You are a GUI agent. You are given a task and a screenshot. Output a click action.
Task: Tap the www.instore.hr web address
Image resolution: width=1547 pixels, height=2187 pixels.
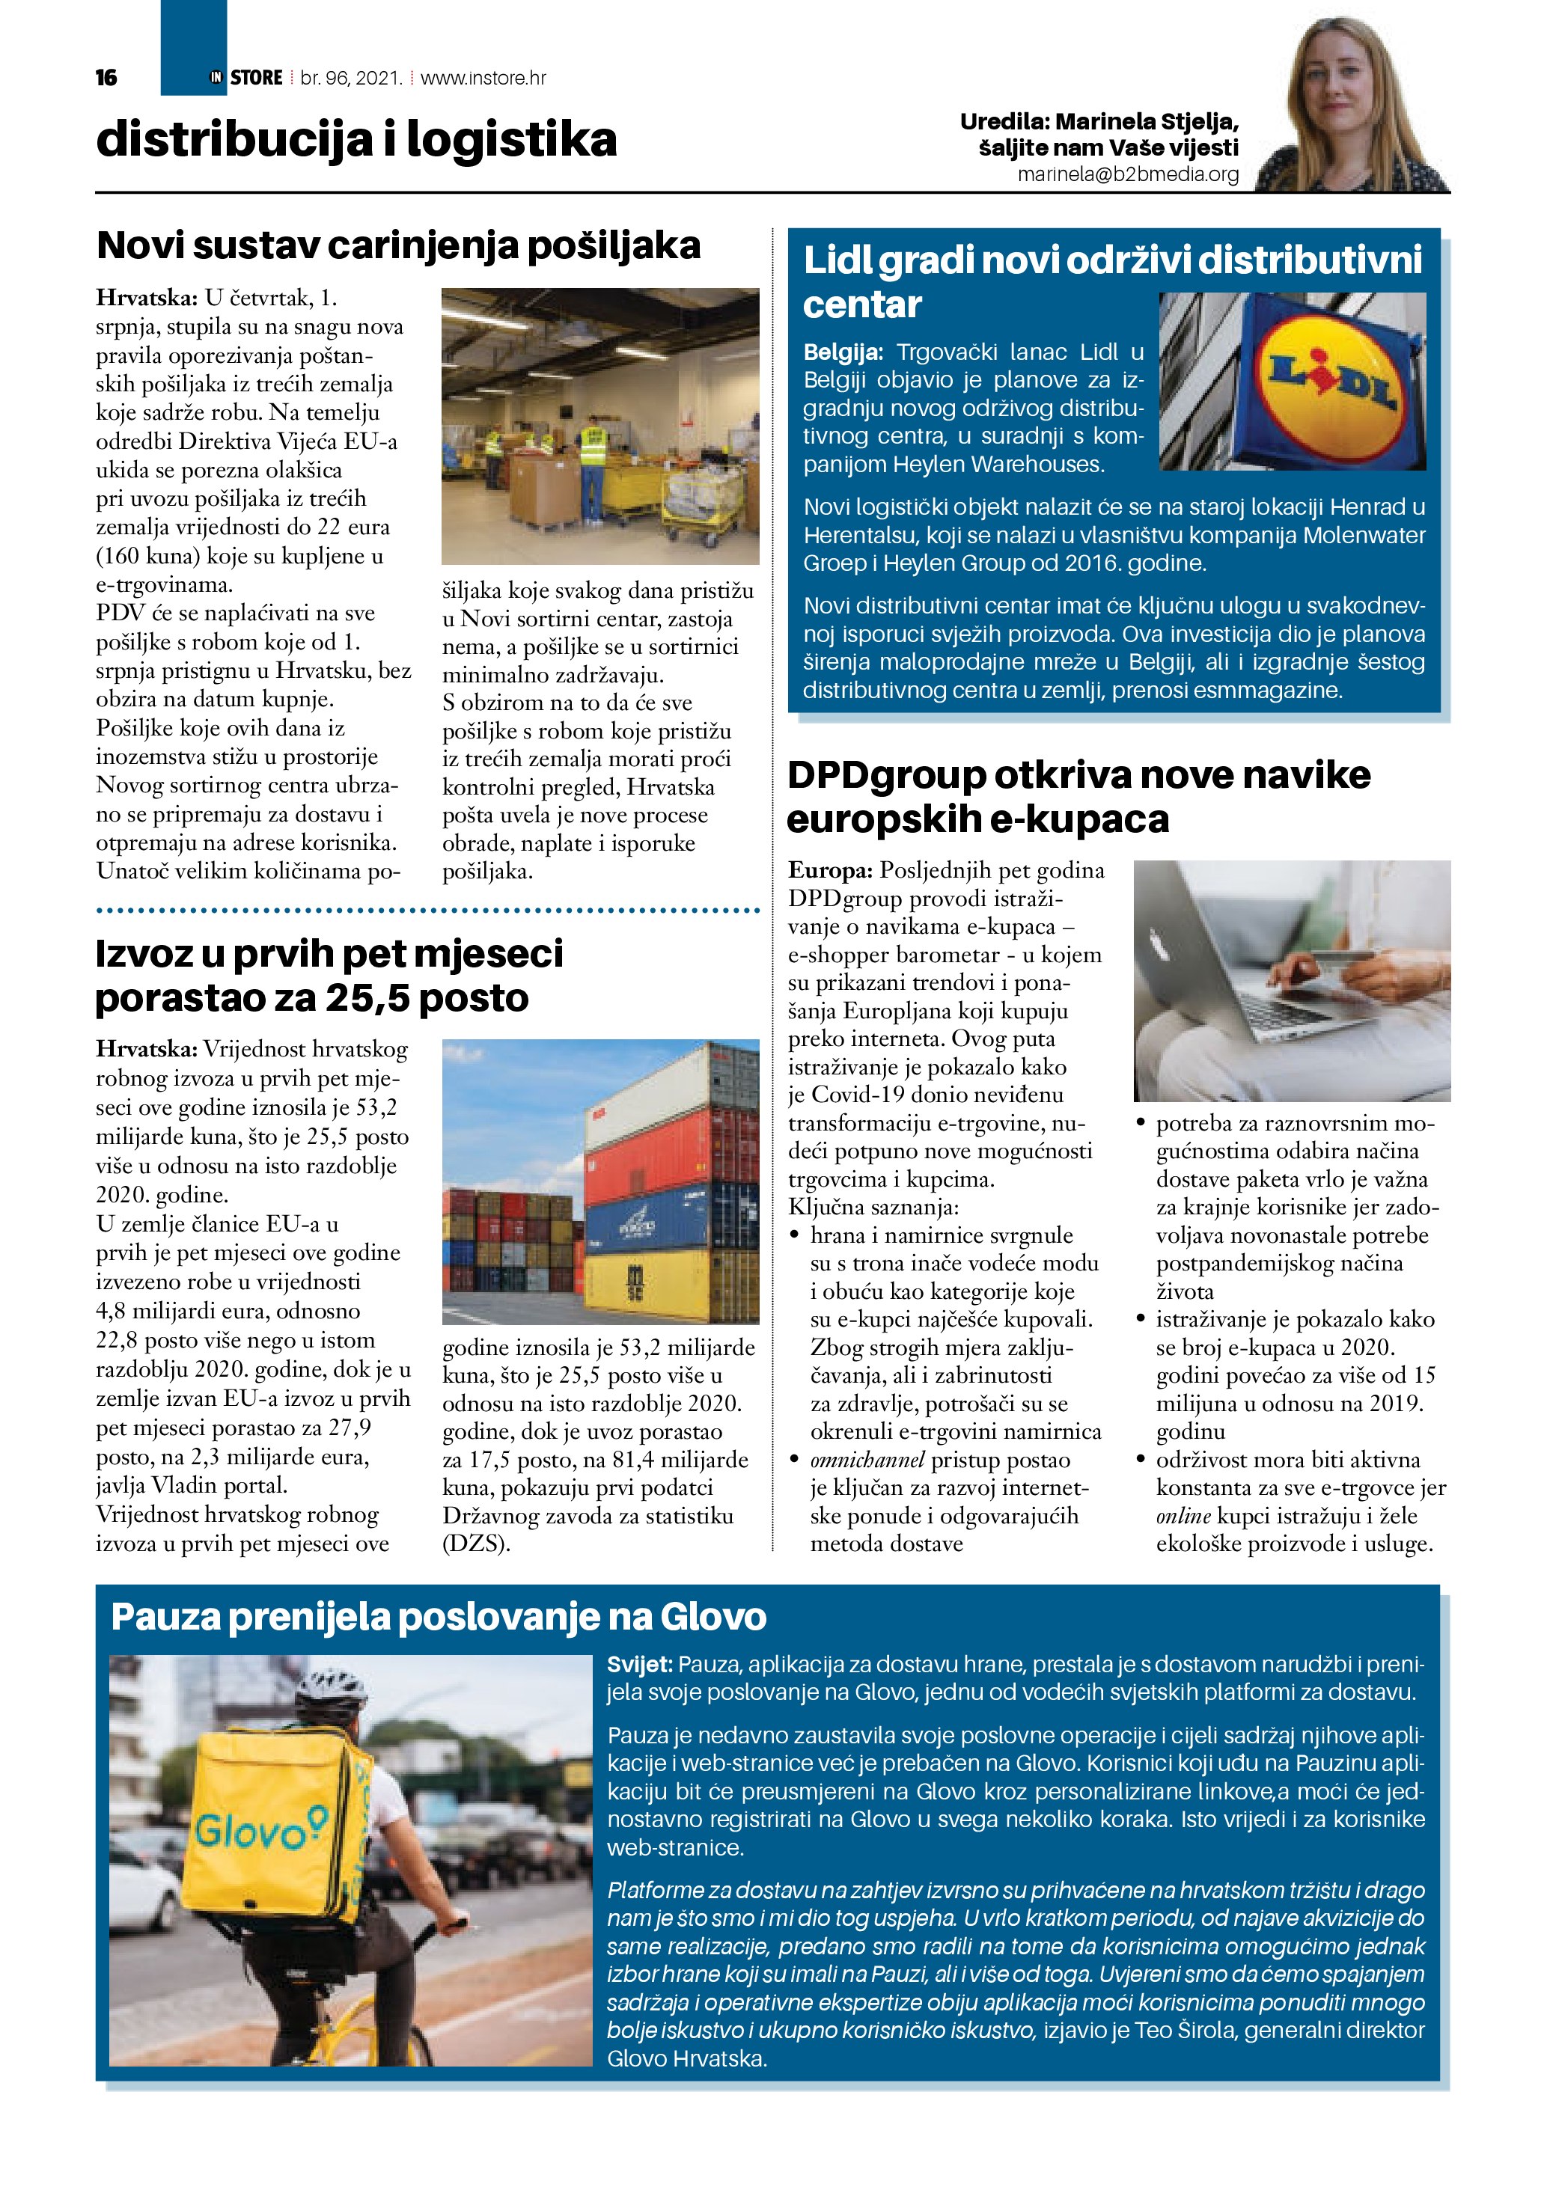click(x=483, y=78)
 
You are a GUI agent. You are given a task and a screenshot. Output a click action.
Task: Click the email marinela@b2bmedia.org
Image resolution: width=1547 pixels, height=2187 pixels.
click(x=1128, y=174)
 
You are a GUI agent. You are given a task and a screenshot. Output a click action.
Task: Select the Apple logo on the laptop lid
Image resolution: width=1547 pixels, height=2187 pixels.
click(x=1160, y=946)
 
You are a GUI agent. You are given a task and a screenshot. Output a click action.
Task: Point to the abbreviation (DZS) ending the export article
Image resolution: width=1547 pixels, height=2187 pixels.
click(x=475, y=1543)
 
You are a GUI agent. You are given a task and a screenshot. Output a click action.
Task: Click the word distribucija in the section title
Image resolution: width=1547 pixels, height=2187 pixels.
click(x=234, y=139)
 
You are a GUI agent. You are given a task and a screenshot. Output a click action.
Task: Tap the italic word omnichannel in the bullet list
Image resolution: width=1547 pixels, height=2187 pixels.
click(x=867, y=1459)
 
